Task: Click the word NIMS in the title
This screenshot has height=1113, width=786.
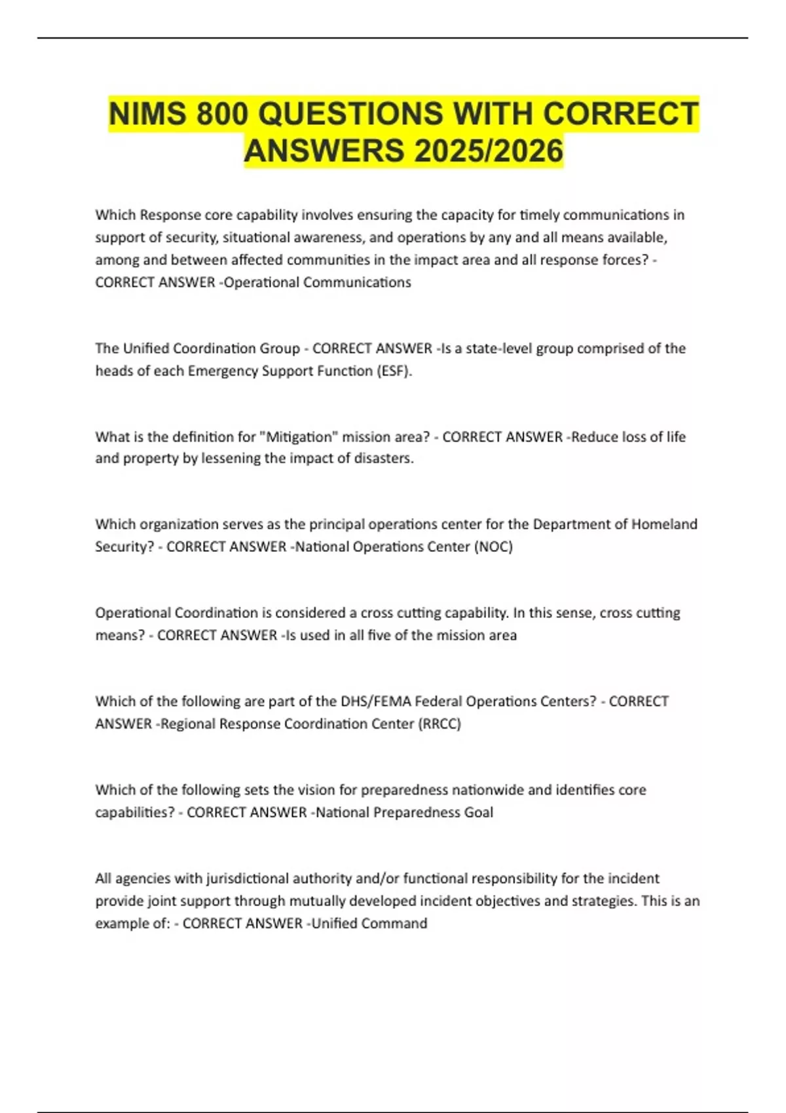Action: tap(147, 114)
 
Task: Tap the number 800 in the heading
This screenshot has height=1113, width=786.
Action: tap(222, 114)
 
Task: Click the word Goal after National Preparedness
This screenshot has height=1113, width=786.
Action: tap(479, 812)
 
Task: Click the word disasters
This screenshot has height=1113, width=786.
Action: tap(384, 458)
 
